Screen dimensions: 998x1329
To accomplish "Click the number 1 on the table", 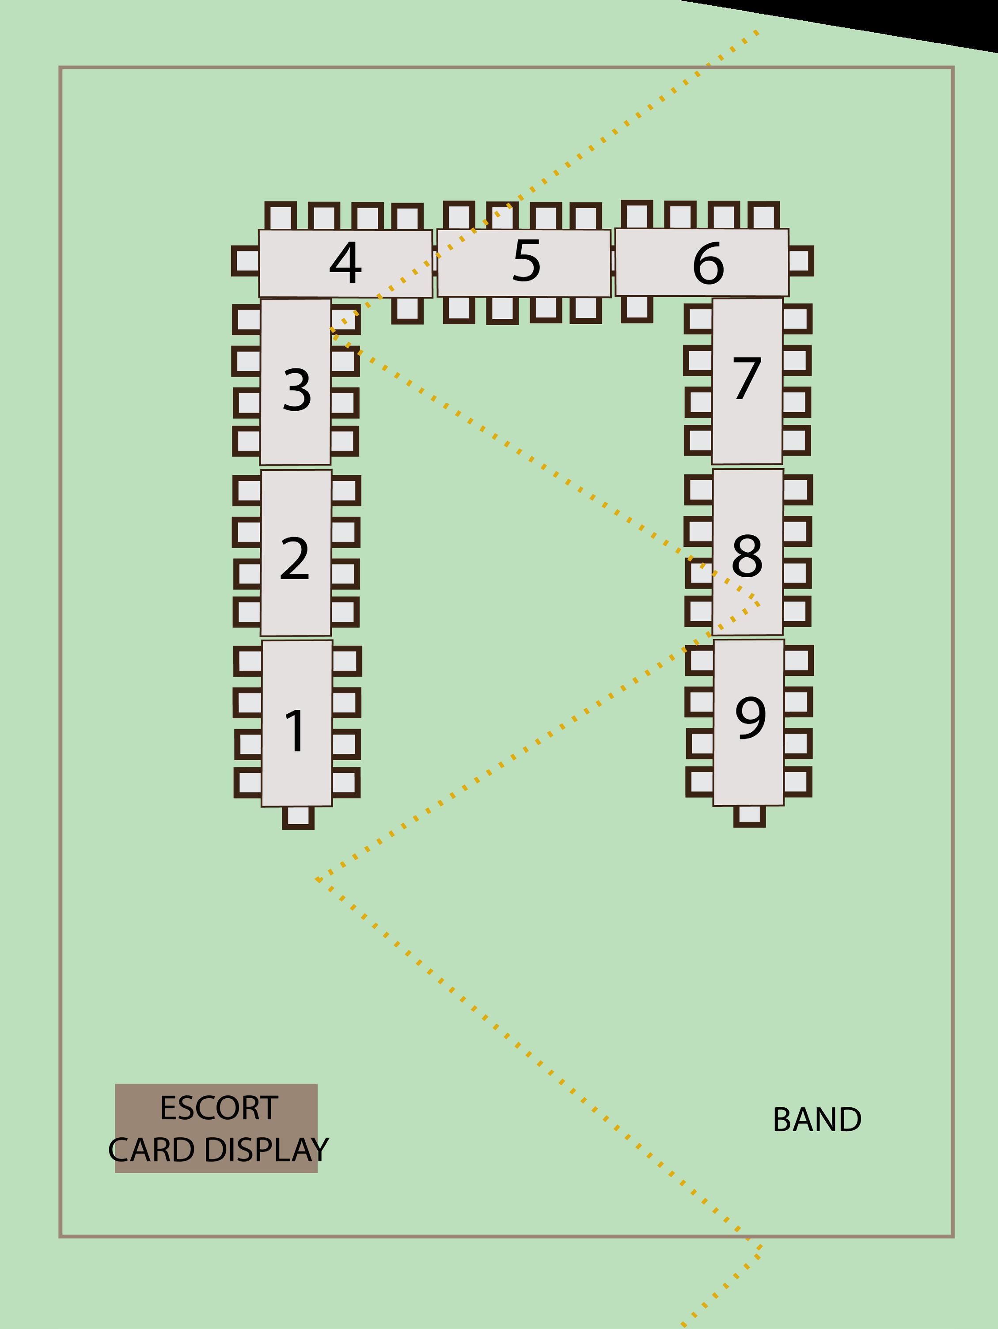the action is pyautogui.click(x=296, y=731).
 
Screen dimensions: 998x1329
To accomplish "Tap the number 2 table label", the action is pyautogui.click(x=294, y=559).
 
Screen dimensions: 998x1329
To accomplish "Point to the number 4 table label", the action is pyautogui.click(x=345, y=262).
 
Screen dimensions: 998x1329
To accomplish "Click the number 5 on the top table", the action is pyautogui.click(x=526, y=261).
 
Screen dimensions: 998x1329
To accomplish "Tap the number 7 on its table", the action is pyautogui.click(x=747, y=379).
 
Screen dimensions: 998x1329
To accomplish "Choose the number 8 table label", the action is pyautogui.click(x=747, y=556).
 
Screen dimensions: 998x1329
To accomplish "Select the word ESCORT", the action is pyautogui.click(x=219, y=1108).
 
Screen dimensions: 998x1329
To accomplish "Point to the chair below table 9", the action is pyautogui.click(x=749, y=815).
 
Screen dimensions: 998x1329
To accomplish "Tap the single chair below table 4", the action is pyautogui.click(x=407, y=310).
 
